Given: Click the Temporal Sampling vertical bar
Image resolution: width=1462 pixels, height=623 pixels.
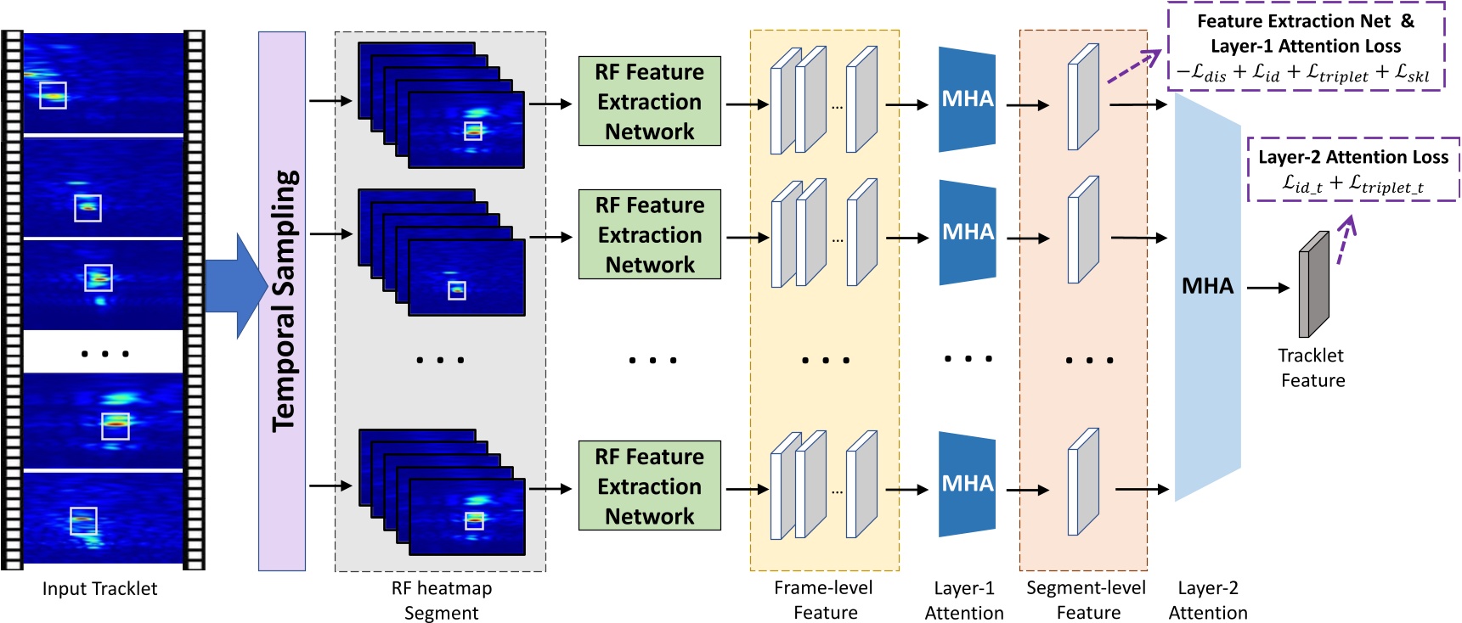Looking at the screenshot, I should click(281, 300).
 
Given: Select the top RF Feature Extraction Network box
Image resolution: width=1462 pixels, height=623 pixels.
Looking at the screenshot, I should click(649, 102).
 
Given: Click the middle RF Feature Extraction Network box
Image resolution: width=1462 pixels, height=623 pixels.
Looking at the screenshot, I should click(649, 234).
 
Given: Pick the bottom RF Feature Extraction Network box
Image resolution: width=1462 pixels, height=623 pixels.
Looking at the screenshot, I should click(649, 485).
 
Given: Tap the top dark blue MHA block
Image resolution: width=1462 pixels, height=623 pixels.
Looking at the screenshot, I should click(967, 99).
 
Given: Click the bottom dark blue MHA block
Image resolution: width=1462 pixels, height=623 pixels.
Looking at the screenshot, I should click(967, 484).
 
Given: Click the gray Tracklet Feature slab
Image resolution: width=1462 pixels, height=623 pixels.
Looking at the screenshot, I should click(1313, 285).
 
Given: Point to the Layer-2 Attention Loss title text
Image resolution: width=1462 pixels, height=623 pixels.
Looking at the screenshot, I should click(1352, 157).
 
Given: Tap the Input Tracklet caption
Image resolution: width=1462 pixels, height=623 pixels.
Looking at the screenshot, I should click(99, 588).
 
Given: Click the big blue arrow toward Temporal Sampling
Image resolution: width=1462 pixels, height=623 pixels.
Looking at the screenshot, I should click(235, 286).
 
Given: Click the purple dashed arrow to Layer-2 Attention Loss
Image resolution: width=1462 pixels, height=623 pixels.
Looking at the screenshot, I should click(1344, 240).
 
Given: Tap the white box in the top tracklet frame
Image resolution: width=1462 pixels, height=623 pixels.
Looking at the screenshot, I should click(53, 95).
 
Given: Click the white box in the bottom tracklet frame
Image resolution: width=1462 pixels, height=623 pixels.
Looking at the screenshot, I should click(82, 520).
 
